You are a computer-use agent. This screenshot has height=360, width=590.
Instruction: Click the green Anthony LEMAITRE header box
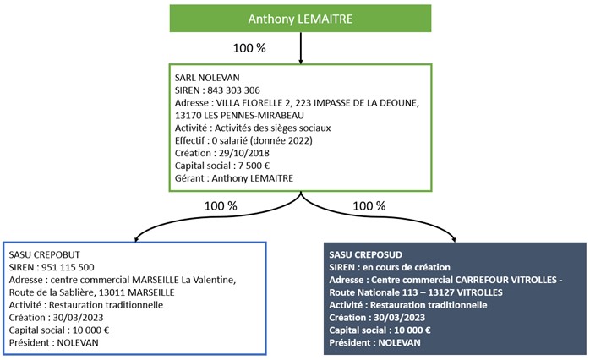[x=300, y=19]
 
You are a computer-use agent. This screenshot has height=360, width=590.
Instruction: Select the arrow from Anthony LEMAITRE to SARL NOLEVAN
[x=301, y=48]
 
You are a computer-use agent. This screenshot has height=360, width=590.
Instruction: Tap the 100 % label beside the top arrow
[x=249, y=48]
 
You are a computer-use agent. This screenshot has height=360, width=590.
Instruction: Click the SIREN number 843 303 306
[x=233, y=90]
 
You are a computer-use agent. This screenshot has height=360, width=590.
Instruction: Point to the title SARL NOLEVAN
[x=207, y=78]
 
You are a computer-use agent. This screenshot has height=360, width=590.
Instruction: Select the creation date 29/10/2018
[x=243, y=153]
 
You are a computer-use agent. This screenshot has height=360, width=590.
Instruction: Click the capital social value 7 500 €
[x=254, y=166]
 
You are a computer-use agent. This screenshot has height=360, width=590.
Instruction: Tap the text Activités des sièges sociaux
[x=272, y=128]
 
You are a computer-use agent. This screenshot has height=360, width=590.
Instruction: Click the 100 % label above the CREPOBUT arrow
[x=221, y=205]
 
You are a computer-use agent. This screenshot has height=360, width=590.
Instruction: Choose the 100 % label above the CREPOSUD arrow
[x=369, y=205]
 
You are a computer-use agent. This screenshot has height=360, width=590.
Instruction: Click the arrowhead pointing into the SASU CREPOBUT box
[x=136, y=239]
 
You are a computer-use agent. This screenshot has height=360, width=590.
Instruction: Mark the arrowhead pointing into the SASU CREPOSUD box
[x=455, y=239]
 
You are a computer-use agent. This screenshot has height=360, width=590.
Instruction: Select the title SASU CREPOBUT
[x=45, y=254]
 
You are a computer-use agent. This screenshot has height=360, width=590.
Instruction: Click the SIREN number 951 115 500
[x=68, y=267]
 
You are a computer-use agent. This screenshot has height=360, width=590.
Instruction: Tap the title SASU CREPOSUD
[x=365, y=254]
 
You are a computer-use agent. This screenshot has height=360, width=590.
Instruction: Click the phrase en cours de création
[x=406, y=267]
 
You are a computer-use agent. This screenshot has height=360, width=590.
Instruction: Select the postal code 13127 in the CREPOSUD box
[x=443, y=292]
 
